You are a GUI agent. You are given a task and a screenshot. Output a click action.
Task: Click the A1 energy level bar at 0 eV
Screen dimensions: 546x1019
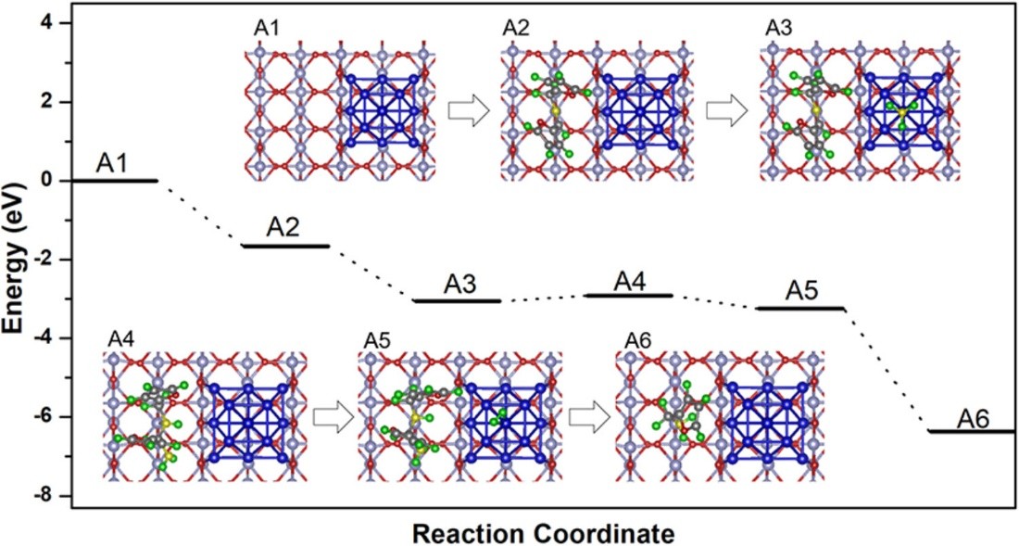[114, 180]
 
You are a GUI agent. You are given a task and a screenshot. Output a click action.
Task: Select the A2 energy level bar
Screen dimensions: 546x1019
[284, 246]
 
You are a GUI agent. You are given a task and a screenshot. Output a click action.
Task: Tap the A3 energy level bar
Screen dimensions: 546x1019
[457, 300]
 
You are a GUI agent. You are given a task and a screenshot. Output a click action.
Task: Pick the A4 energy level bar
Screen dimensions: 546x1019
[629, 296]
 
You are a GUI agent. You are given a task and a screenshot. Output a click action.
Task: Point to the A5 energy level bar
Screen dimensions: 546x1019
[800, 308]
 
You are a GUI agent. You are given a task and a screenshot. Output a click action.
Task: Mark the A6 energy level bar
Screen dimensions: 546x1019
[972, 431]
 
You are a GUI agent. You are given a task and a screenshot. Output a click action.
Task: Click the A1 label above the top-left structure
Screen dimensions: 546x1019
[265, 28]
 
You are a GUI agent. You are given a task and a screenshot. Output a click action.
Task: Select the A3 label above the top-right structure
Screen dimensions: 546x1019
[778, 28]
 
